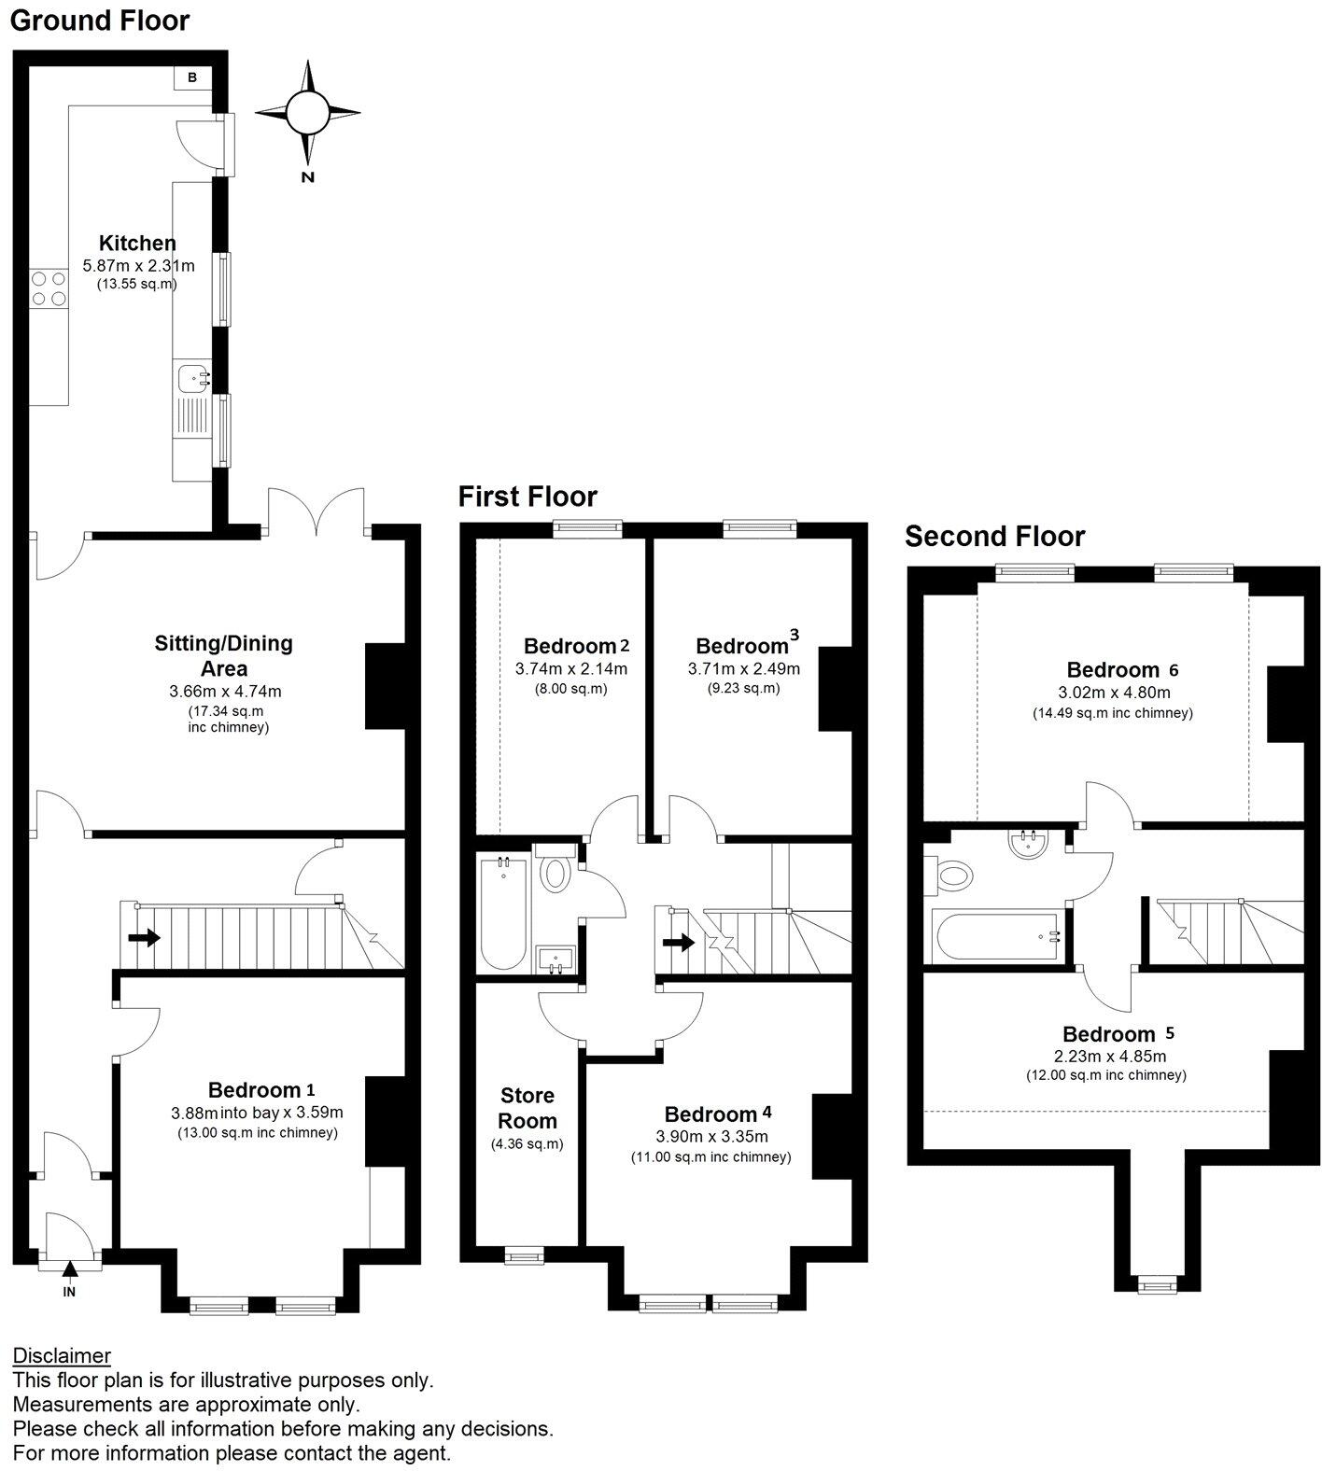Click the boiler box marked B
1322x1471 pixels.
[x=191, y=77]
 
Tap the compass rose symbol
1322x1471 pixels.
[x=307, y=113]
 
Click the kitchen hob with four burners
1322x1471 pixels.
[x=49, y=287]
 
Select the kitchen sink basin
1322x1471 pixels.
[x=195, y=378]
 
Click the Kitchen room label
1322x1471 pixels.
[x=138, y=243]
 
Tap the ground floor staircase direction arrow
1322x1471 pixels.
[x=143, y=937]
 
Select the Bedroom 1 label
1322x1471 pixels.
[x=260, y=1090]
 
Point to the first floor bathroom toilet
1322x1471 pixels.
[x=556, y=872]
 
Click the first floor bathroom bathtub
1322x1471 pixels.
[x=502, y=915]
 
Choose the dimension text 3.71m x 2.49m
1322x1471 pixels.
[x=744, y=669]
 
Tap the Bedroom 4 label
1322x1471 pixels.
[x=717, y=1114]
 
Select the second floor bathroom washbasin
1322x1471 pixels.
[x=1031, y=843]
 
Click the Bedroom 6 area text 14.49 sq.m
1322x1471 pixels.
[x=1111, y=713]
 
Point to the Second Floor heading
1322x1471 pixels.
[x=994, y=537]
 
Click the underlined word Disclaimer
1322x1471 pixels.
[x=62, y=1355]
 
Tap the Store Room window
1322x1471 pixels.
[x=524, y=1257]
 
